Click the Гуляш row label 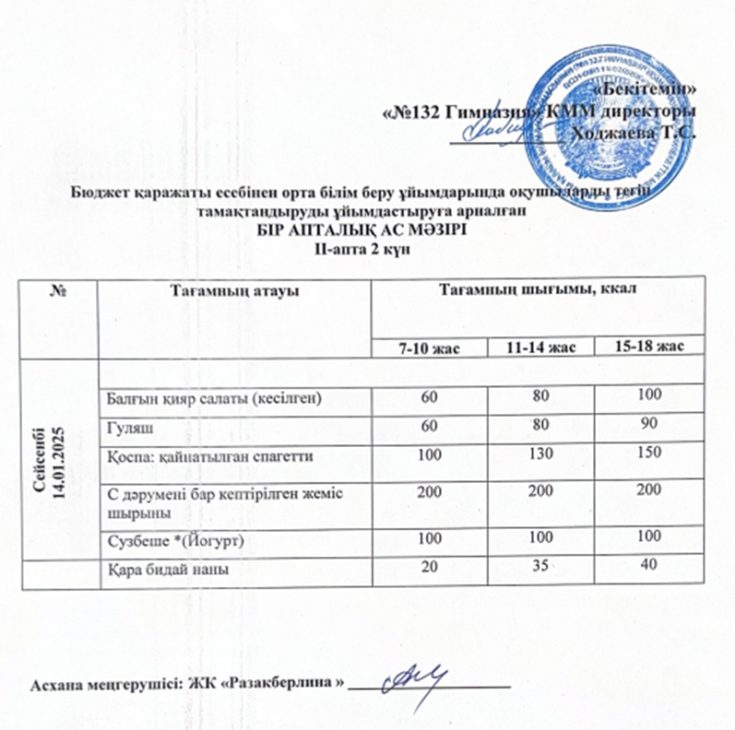(121, 428)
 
